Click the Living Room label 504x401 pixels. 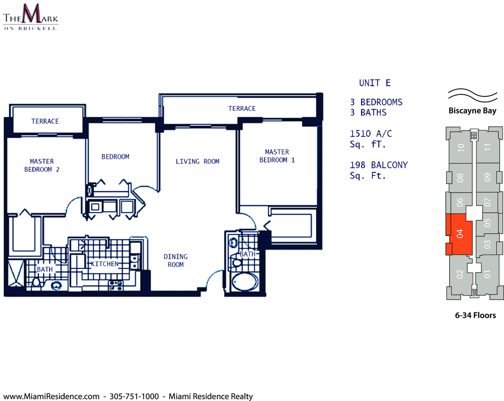(197, 161)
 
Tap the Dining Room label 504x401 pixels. (176, 260)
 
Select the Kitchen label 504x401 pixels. (105, 264)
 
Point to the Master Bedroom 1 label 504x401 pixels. (277, 156)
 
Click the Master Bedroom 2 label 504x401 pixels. (42, 165)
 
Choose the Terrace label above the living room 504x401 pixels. (242, 109)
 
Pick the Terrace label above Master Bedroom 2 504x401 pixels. (45, 121)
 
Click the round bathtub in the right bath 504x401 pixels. (245, 282)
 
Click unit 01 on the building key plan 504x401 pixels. (488, 274)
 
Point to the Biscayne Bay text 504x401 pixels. (472, 111)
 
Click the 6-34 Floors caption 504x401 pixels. (475, 315)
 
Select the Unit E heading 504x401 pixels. (375, 83)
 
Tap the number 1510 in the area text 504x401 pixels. (360, 134)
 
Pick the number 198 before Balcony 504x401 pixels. (357, 165)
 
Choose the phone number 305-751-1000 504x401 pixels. (134, 396)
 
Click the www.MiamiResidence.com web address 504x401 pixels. (51, 396)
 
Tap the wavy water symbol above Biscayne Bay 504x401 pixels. (472, 95)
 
